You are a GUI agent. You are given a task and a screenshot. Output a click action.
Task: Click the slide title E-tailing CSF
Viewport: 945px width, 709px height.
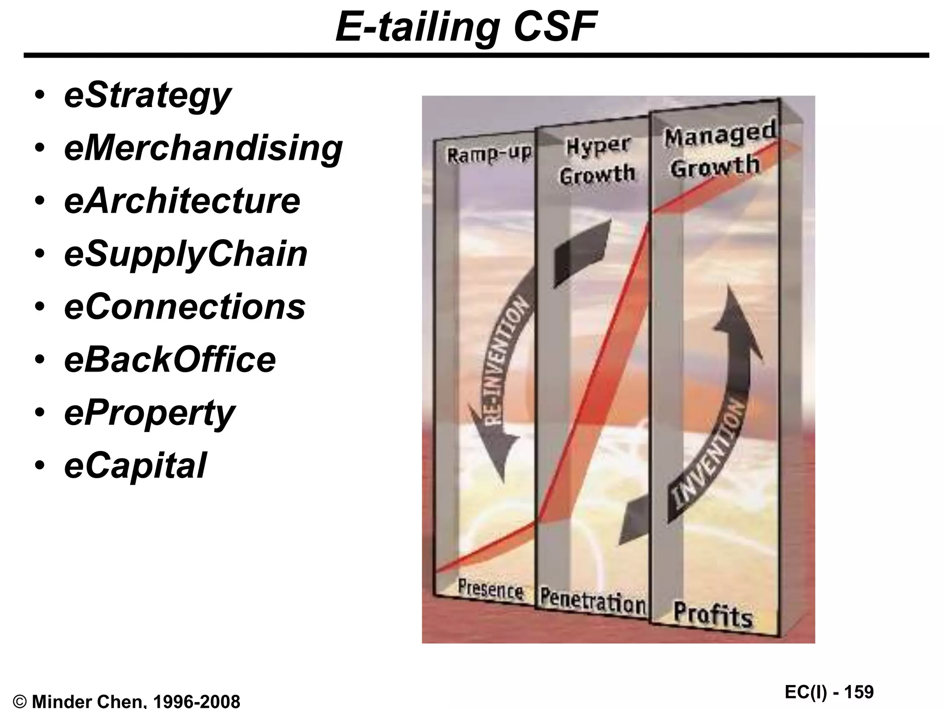pyautogui.click(x=466, y=27)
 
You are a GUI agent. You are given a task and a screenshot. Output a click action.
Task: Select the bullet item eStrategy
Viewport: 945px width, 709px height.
pyautogui.click(x=147, y=96)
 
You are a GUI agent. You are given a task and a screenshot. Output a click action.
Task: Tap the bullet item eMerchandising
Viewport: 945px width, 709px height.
pyautogui.click(x=203, y=148)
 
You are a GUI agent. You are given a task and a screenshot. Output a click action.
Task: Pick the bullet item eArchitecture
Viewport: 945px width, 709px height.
pyautogui.click(x=182, y=201)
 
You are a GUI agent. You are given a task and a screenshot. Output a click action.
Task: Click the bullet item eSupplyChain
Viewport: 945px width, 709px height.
pyautogui.click(x=185, y=254)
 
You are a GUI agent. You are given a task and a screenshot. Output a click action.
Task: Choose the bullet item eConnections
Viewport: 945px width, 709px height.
pyautogui.click(x=185, y=306)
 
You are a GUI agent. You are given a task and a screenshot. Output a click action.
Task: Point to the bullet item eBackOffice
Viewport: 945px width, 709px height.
pyautogui.click(x=170, y=360)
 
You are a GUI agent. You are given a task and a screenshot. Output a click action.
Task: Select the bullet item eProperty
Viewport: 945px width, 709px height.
pyautogui.click(x=149, y=413)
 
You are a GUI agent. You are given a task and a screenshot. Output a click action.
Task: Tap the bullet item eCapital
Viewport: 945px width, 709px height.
pyautogui.click(x=135, y=465)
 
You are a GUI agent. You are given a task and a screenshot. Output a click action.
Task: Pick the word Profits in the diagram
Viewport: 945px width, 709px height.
pyautogui.click(x=712, y=614)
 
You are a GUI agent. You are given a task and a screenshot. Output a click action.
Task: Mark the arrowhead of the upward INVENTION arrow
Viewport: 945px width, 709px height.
pyautogui.click(x=734, y=314)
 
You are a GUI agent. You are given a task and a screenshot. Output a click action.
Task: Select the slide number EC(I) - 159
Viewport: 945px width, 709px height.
pyautogui.click(x=829, y=692)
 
